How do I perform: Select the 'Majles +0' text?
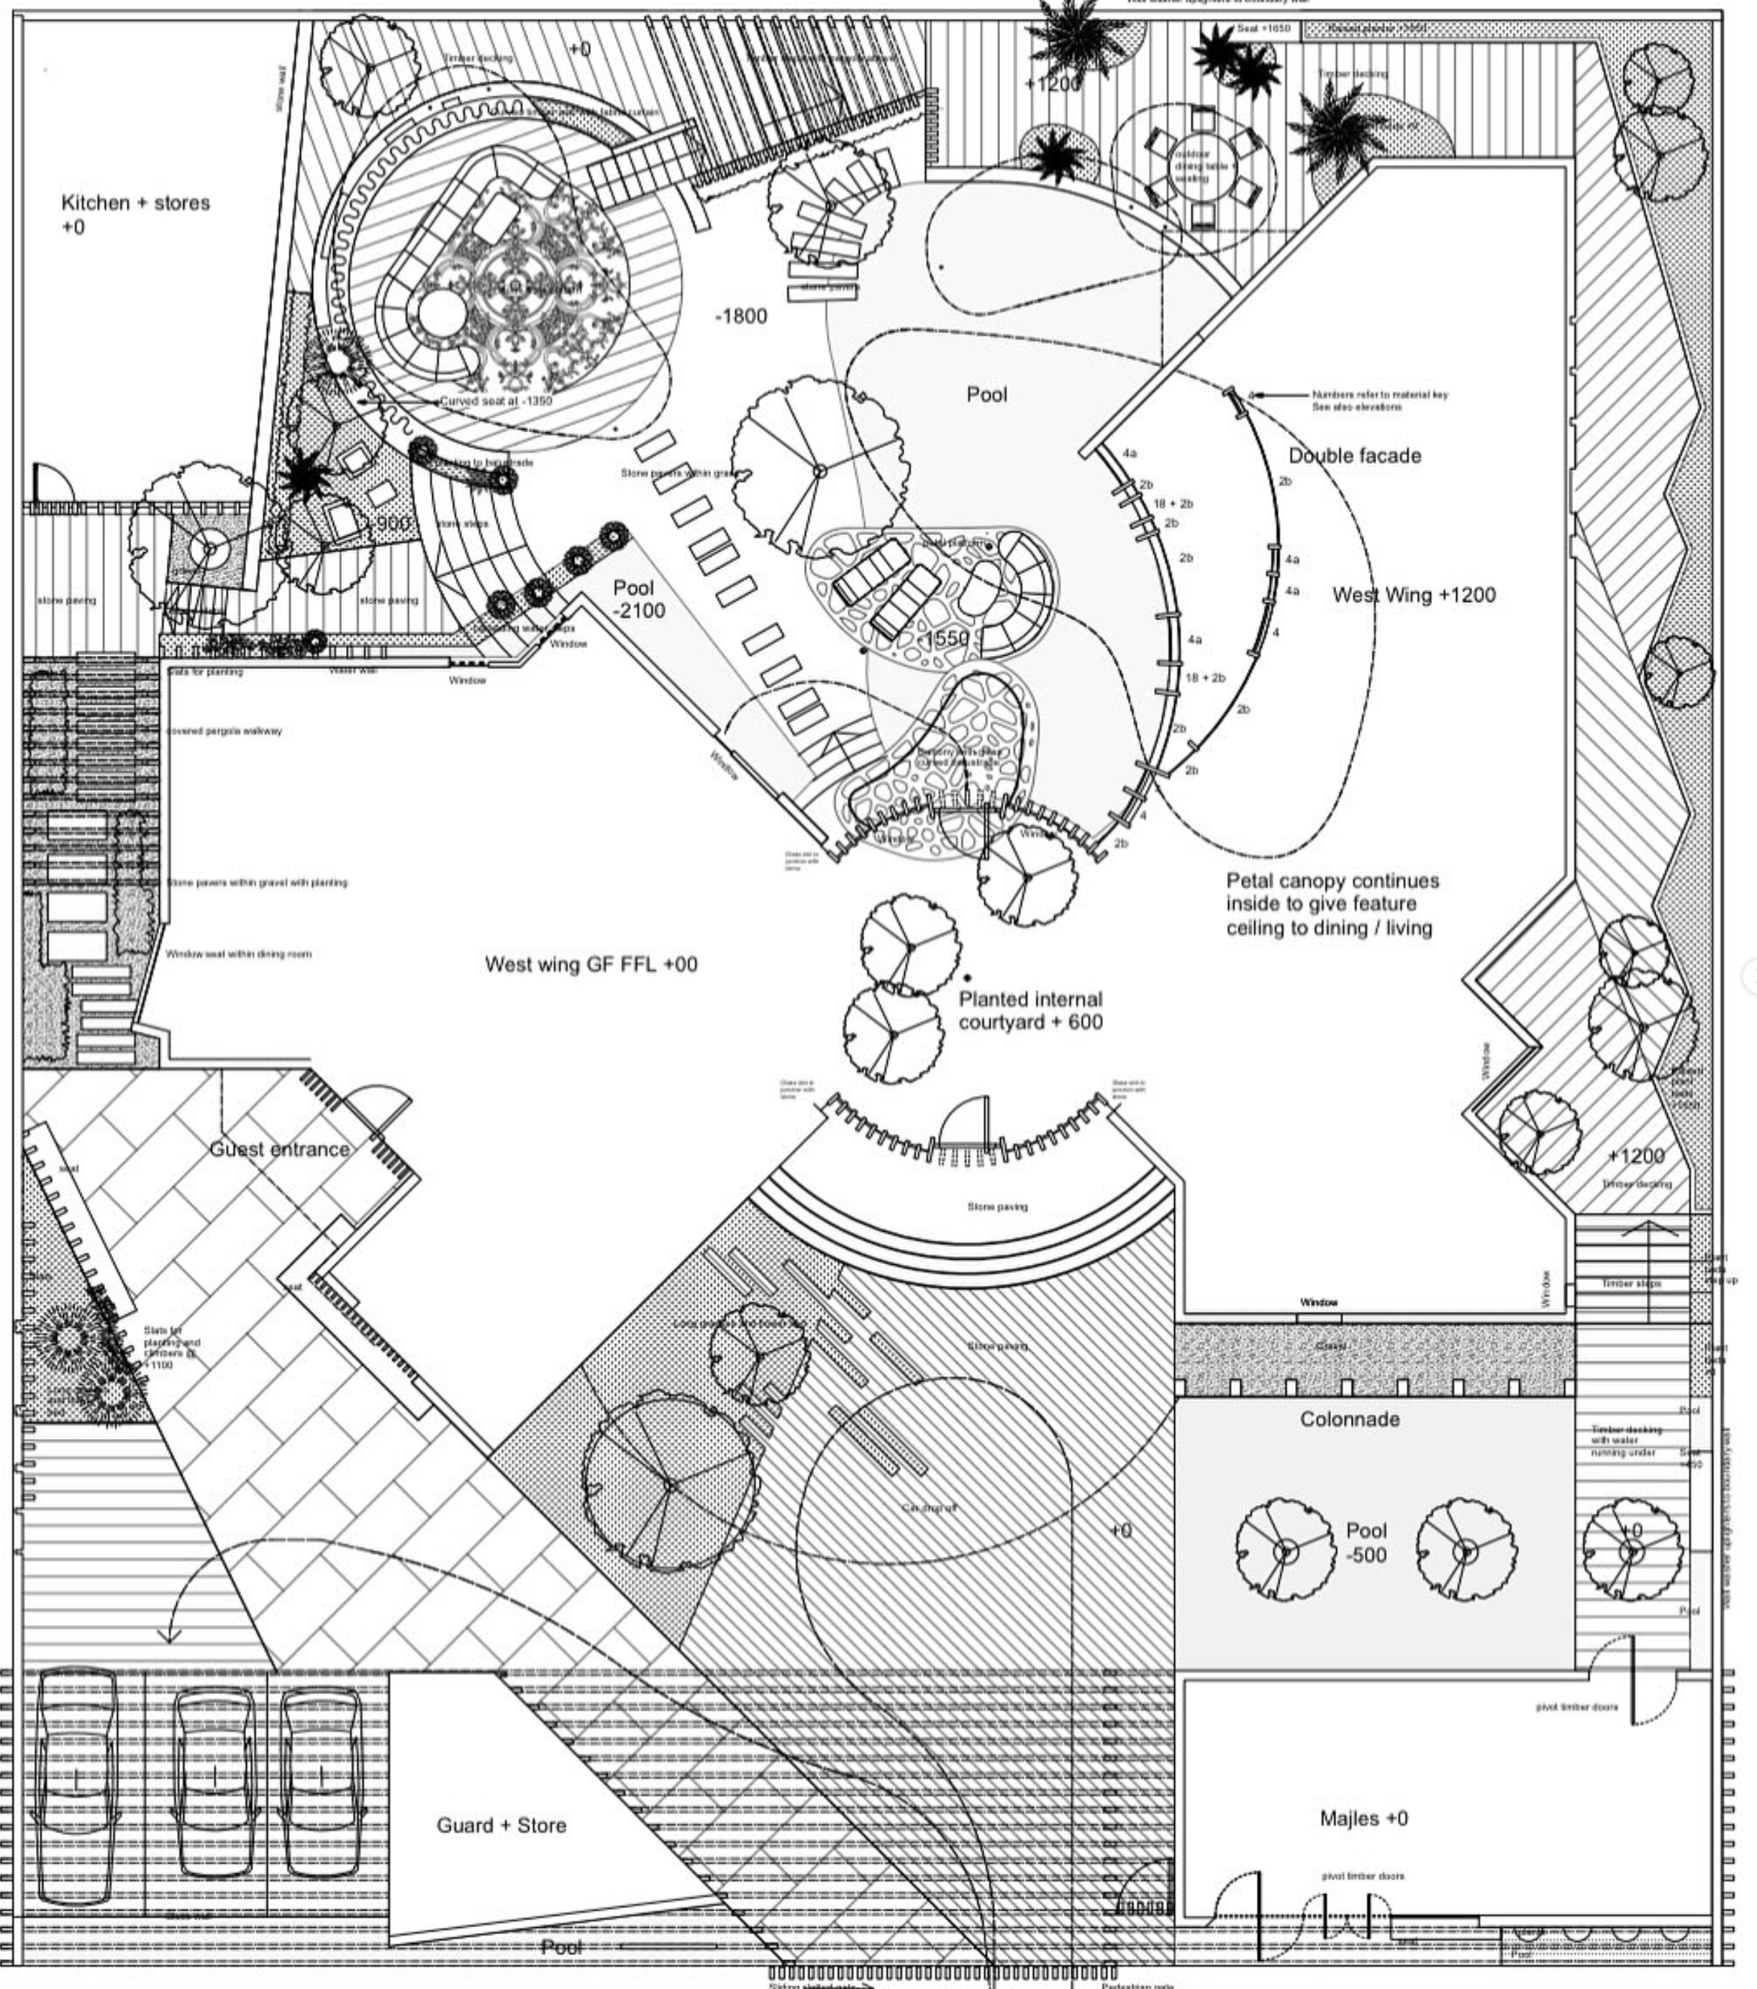[x=1363, y=1818]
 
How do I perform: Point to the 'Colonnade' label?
[x=1349, y=1419]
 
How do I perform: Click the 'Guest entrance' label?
[x=279, y=1148]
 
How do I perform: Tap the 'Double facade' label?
[x=1354, y=455]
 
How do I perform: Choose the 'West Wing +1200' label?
[x=1413, y=595]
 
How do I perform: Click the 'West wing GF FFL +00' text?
[x=591, y=964]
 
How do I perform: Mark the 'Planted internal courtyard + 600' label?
[x=1030, y=1010]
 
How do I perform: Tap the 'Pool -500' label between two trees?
[x=1366, y=1542]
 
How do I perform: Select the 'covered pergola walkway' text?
[x=225, y=731]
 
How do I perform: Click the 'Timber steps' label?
[x=1630, y=1284]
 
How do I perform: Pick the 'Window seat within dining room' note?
[x=238, y=954]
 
